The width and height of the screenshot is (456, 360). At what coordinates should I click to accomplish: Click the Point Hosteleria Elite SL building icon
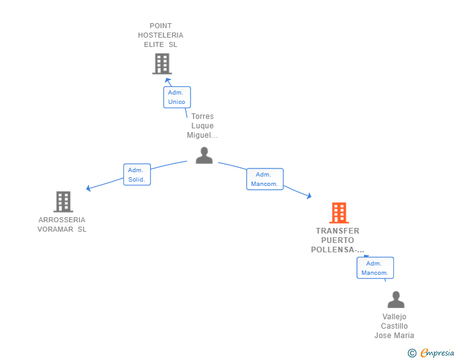pyautogui.click(x=162, y=63)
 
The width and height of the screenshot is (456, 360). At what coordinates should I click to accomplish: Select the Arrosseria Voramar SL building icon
pyautogui.click(x=63, y=202)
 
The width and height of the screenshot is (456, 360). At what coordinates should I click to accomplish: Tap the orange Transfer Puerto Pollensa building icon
pyautogui.click(x=339, y=213)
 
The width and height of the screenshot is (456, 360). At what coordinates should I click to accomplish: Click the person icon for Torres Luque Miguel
pyautogui.click(x=204, y=155)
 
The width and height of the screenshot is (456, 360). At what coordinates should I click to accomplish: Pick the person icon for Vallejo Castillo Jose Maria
pyautogui.click(x=396, y=300)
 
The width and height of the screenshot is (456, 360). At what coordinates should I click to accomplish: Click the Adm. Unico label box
pyautogui.click(x=177, y=97)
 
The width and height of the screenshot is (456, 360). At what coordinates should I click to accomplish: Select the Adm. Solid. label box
pyautogui.click(x=137, y=175)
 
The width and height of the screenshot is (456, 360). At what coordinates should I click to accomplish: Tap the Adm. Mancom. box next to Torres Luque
pyautogui.click(x=265, y=179)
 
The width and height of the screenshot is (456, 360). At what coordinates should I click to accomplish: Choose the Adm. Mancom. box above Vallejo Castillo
pyautogui.click(x=375, y=268)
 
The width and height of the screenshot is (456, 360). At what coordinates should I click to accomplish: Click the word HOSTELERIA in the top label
pyautogui.click(x=161, y=35)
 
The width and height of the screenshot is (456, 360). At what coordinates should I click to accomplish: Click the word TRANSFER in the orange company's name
pyautogui.click(x=338, y=231)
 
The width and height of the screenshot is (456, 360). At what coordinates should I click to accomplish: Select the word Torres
pyautogui.click(x=202, y=116)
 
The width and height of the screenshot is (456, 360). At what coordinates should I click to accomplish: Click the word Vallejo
pyautogui.click(x=395, y=317)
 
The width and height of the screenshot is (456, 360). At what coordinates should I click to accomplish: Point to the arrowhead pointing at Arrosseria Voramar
pyautogui.click(x=89, y=188)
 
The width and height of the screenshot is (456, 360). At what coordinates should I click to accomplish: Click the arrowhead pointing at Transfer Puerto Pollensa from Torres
pyautogui.click(x=308, y=196)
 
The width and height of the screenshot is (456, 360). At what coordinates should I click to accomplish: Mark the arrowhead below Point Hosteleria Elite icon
pyautogui.click(x=167, y=80)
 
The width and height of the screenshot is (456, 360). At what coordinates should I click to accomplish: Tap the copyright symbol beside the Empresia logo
pyautogui.click(x=412, y=353)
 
